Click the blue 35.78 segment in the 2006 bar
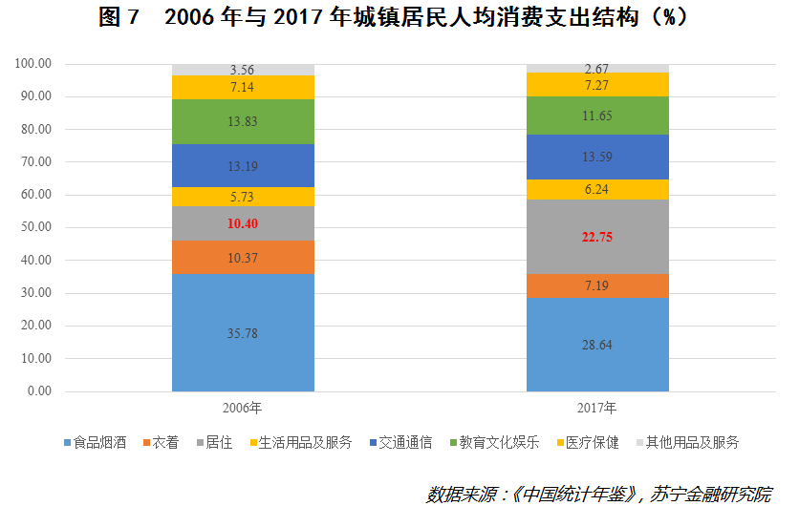243,333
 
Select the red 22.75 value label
597,237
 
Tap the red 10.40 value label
243,223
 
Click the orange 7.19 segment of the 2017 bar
597,285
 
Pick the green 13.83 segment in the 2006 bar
243,121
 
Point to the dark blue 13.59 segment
597,157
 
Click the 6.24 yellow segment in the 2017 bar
597,189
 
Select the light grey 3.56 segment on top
243,70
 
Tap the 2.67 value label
597,68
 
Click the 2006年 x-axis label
243,408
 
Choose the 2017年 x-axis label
597,408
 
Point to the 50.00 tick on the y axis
33,227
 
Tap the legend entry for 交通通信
399,443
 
